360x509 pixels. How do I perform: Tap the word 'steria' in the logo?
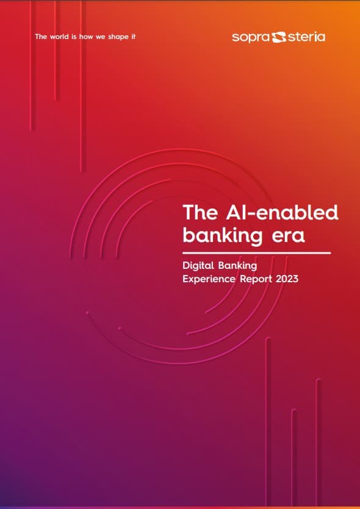[306, 37]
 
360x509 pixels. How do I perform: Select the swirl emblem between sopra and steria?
[278, 37]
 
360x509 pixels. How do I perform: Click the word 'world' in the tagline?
[59, 37]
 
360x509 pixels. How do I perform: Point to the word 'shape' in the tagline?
[118, 37]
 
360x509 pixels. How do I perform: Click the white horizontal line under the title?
[257, 252]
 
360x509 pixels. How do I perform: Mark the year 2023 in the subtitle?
[287, 279]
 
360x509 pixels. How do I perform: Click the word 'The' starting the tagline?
[41, 37]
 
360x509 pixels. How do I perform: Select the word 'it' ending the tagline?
[133, 37]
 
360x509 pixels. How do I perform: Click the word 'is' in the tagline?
[74, 37]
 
